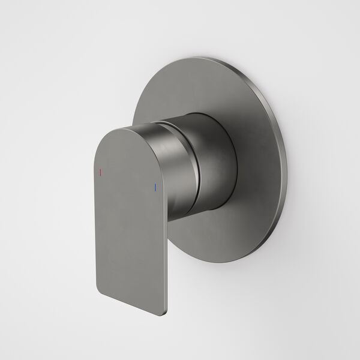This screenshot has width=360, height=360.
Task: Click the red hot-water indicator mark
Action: [101, 172]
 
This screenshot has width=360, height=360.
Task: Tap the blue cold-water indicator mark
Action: [156, 187]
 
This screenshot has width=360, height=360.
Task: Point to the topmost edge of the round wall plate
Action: [207, 58]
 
